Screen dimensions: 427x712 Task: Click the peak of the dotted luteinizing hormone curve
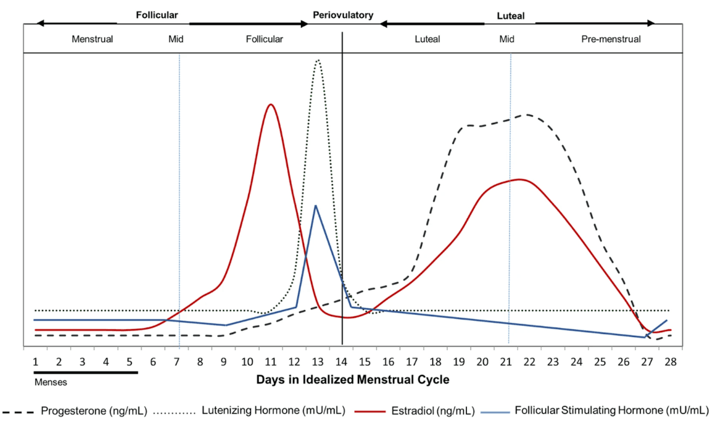[318, 60]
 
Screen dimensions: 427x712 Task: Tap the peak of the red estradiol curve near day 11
[271, 105]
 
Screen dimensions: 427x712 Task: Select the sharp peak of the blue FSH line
[315, 206]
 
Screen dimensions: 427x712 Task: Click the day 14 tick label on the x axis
[341, 362]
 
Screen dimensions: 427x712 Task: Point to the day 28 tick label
[670, 362]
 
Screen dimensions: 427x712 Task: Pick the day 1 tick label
[35, 362]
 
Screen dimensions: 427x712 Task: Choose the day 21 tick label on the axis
[506, 362]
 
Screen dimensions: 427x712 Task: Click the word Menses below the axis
[50, 381]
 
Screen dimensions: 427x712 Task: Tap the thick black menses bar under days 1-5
[85, 372]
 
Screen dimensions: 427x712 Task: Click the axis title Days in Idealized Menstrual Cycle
[352, 380]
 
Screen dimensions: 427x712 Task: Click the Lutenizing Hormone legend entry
[273, 411]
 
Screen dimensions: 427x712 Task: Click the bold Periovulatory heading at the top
[343, 15]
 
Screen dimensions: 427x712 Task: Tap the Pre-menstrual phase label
[611, 40]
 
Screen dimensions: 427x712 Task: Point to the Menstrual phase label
[92, 40]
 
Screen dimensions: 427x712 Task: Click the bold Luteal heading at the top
[511, 16]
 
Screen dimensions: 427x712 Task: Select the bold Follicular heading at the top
[156, 15]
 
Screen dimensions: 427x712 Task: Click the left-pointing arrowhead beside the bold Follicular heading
[40, 23]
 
